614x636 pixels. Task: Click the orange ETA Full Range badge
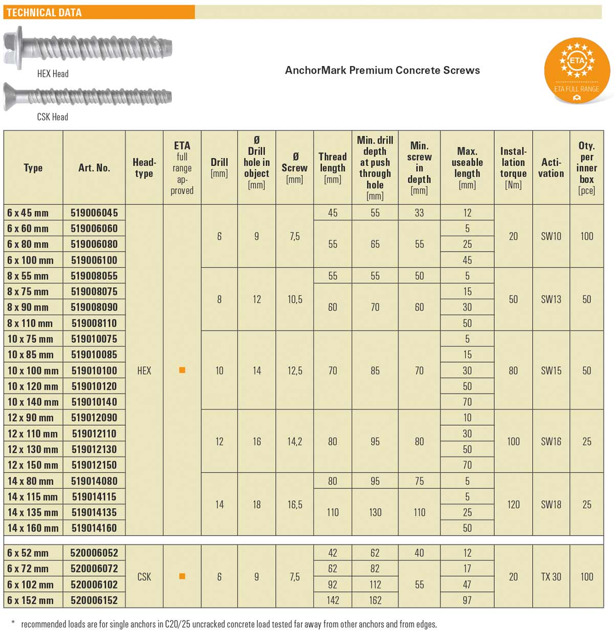click(577, 70)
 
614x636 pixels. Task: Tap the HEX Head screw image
click(88, 48)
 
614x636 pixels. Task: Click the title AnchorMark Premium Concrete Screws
click(382, 70)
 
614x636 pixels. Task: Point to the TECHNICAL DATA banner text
click(44, 12)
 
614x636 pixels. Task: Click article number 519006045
click(94, 213)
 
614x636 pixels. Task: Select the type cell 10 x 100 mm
click(33, 370)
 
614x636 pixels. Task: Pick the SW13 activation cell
click(551, 299)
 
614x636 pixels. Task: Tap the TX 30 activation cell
click(551, 577)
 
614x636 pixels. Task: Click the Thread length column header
click(333, 168)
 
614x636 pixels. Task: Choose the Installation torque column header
click(513, 168)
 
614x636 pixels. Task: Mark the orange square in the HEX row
click(182, 370)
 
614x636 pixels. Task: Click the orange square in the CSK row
click(182, 577)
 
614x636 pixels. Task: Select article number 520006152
click(94, 600)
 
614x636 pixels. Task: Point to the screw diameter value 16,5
click(295, 505)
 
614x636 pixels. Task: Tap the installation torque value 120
click(513, 505)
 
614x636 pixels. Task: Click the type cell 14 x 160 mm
click(33, 528)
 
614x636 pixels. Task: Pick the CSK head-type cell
click(144, 577)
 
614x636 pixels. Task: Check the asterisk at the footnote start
click(13, 623)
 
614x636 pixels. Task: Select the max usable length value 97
click(467, 600)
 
